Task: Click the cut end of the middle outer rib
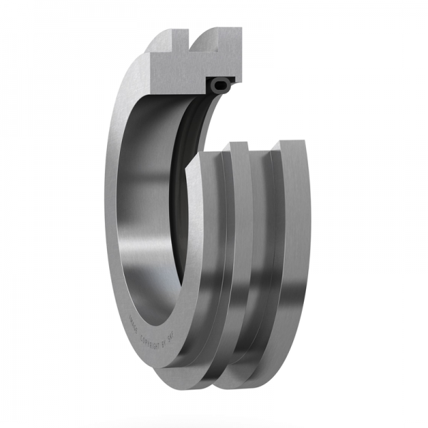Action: (240, 149)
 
